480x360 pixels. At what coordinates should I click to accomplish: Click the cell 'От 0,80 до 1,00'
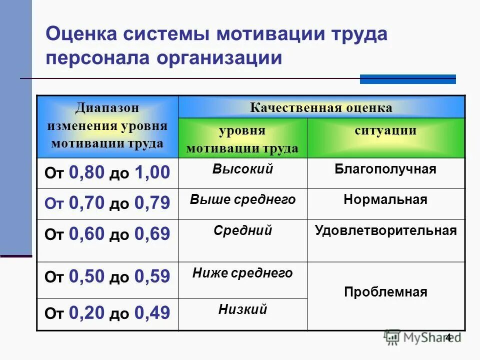(107, 173)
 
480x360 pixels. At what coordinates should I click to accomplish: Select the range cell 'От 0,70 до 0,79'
(107, 203)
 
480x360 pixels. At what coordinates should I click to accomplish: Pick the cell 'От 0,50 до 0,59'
(107, 276)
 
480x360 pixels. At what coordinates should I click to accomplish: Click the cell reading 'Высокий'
(242, 169)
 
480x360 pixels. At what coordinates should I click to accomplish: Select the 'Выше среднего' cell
(242, 200)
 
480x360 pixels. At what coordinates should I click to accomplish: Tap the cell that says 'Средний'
(242, 230)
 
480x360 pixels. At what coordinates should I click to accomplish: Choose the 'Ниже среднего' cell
(242, 273)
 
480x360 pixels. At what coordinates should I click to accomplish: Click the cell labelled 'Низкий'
(242, 310)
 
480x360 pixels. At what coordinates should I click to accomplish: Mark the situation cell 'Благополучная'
(385, 169)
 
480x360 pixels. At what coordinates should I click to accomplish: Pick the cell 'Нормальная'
(385, 200)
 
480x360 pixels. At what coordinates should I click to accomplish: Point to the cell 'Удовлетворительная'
(385, 230)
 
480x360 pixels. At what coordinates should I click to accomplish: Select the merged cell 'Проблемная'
(385, 292)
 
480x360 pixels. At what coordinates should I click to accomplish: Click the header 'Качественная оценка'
(321, 107)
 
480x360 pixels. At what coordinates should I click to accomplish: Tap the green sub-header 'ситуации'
(385, 131)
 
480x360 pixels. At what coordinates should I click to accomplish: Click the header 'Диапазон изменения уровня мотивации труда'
(107, 125)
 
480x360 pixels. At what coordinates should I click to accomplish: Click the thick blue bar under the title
(407, 79)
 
